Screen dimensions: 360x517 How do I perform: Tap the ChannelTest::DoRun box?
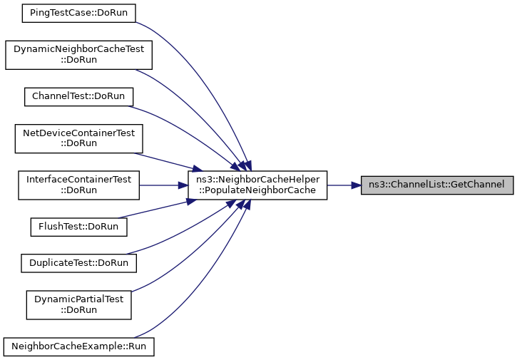[x=78, y=96]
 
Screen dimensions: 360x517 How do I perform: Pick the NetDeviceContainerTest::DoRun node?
[x=78, y=138]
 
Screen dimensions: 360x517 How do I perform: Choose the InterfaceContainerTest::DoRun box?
[x=78, y=185]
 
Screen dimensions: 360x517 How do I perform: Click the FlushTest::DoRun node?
[x=78, y=227]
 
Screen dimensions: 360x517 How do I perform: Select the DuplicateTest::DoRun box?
[x=78, y=262]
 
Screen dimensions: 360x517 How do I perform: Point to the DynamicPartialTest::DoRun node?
[x=78, y=304]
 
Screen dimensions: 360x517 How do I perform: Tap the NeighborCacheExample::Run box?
[x=78, y=346]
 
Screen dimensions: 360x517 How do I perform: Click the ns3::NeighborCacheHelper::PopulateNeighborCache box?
[x=257, y=185]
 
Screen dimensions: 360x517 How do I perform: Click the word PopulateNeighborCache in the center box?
[x=257, y=191]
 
